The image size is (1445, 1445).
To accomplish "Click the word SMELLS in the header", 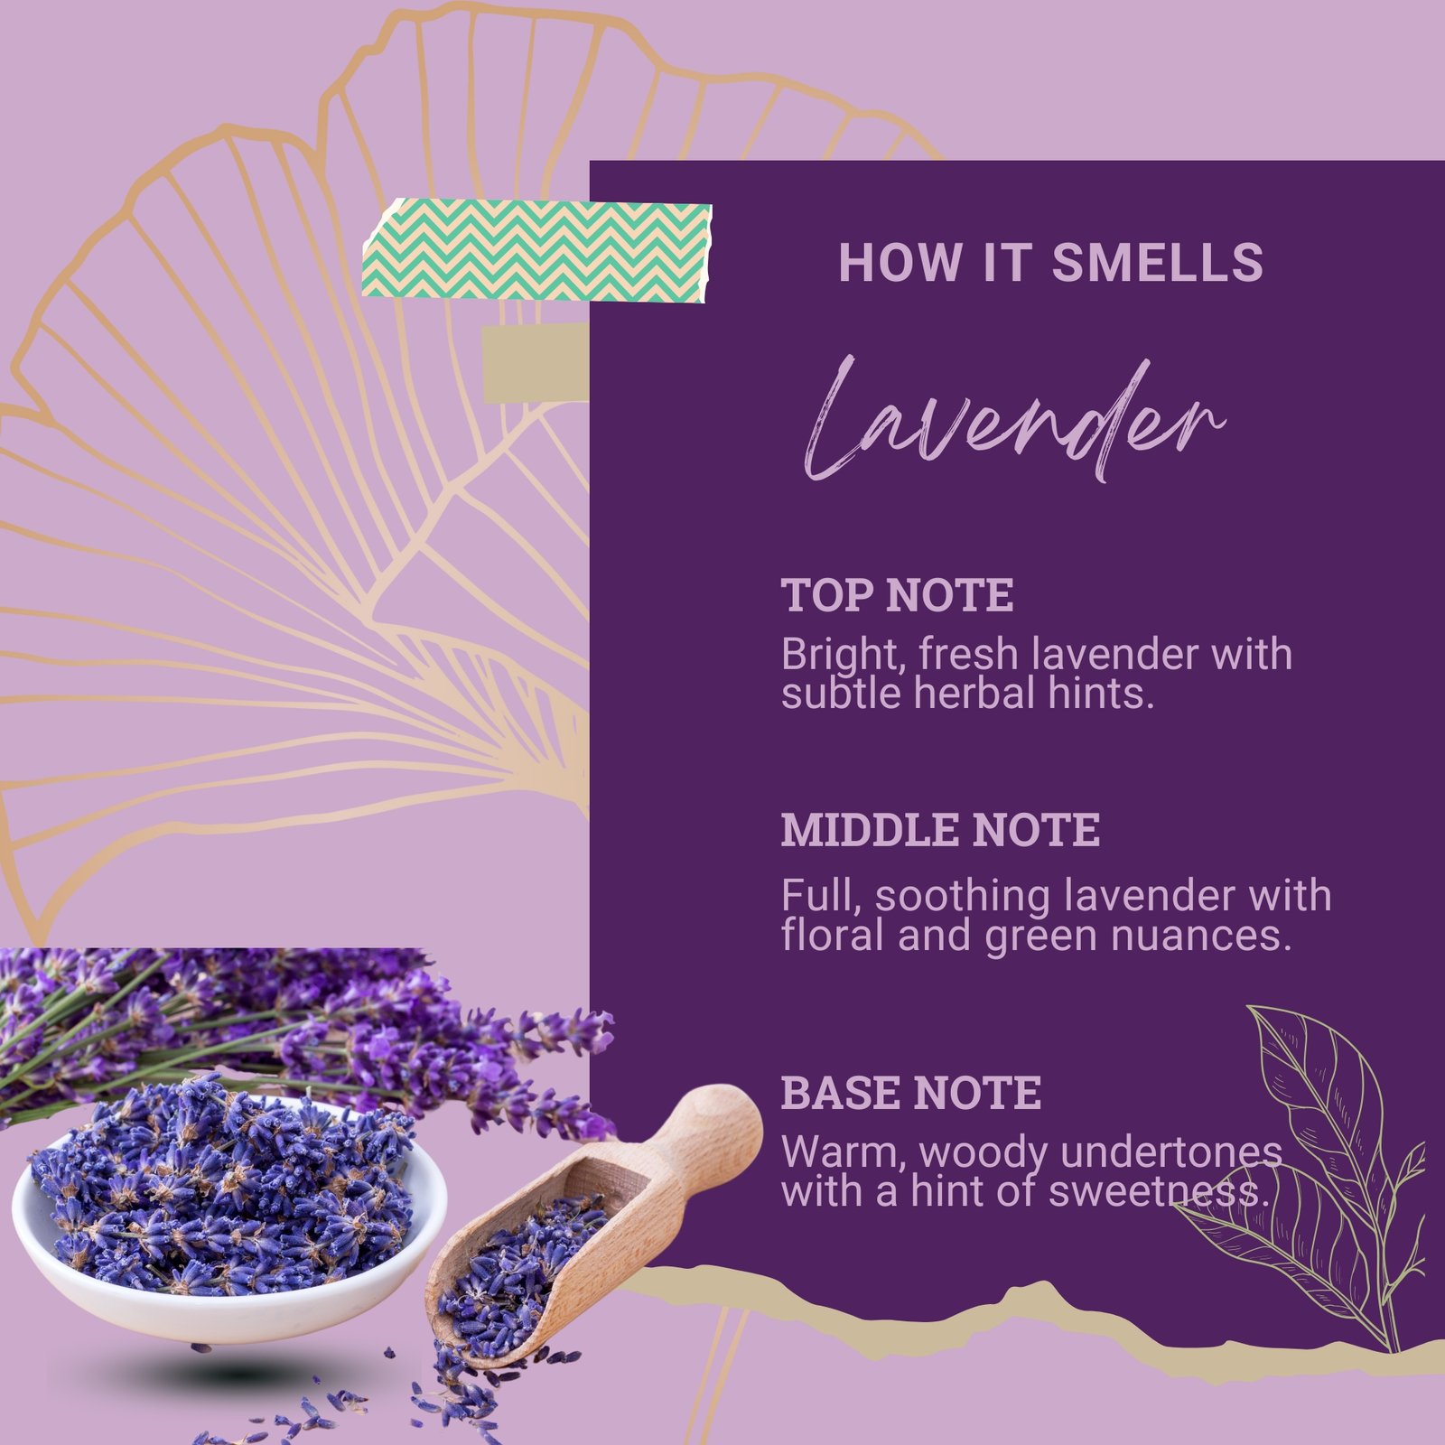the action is (1157, 262).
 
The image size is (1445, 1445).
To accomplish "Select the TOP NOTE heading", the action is (897, 595).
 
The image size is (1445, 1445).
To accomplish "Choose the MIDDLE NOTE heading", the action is (940, 829).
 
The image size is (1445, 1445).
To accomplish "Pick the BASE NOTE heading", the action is (910, 1092).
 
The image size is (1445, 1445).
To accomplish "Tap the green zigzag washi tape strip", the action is (537, 249).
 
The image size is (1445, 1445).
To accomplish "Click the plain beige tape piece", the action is (536, 362).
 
